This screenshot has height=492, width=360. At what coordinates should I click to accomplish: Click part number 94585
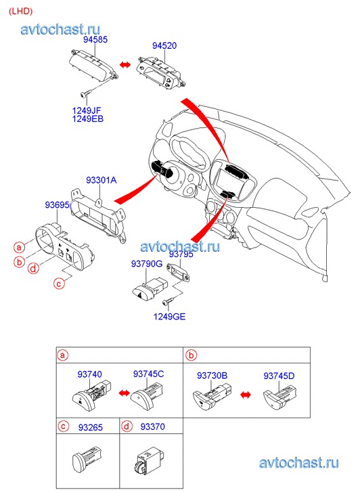pos(95,39)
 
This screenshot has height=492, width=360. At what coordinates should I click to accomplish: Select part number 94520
pos(164,45)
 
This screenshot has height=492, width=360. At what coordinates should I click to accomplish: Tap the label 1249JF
pos(87,110)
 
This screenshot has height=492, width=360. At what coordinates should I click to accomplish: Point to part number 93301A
pos(102,180)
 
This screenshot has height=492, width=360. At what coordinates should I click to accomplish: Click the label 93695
pos(57,205)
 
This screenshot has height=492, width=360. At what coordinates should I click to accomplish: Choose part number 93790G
pos(147,264)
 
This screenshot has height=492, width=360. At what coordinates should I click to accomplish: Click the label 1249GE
pos(169,316)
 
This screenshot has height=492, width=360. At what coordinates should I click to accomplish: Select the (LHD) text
pos(21,12)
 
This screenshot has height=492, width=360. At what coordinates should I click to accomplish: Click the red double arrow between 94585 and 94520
pos(125,64)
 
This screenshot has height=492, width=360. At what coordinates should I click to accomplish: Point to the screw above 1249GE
pos(168,302)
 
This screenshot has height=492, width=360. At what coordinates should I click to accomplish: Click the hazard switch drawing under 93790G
pos(150,288)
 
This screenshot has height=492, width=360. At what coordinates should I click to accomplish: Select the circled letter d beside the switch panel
pos(33,268)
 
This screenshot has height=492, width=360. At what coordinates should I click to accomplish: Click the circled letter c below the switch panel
pos(59,284)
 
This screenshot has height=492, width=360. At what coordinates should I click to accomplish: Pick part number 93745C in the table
pos(148,374)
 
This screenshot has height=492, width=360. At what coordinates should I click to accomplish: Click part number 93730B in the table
pos(212,376)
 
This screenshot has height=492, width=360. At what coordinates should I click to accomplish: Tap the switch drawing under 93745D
pos(280,398)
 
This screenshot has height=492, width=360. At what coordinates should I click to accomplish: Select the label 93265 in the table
pos(91,427)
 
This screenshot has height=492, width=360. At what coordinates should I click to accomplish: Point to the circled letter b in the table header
pos(191,355)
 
